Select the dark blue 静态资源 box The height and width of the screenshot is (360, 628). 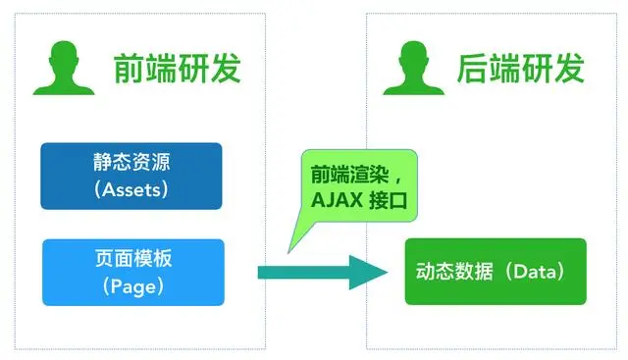point(131,176)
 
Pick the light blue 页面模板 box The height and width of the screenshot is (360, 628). point(131,272)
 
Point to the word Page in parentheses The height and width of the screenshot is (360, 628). point(131,286)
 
